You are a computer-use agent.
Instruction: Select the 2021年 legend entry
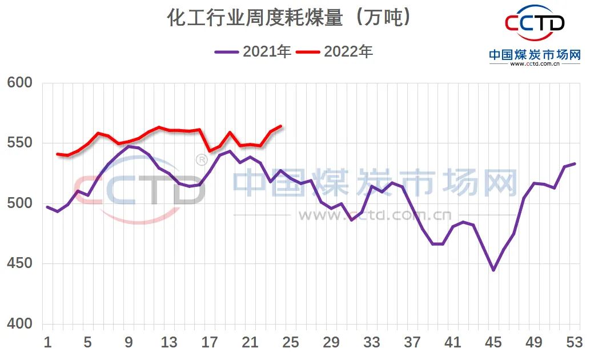(x=254, y=51)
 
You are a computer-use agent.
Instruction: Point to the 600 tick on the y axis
(x=20, y=83)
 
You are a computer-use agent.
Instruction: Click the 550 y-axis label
(x=20, y=143)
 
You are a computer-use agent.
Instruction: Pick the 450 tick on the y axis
(x=20, y=264)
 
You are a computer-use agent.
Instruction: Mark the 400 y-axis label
(x=20, y=324)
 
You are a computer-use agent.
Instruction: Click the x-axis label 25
(x=291, y=343)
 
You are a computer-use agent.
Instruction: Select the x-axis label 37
(x=412, y=343)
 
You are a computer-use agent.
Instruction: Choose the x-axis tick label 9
(x=129, y=343)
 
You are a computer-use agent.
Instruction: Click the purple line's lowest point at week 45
(x=493, y=270)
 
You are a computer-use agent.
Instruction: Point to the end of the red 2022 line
(x=280, y=126)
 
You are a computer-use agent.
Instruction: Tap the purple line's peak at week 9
(x=129, y=146)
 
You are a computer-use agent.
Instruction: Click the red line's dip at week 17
(x=210, y=151)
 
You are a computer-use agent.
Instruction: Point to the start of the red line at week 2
(x=58, y=154)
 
